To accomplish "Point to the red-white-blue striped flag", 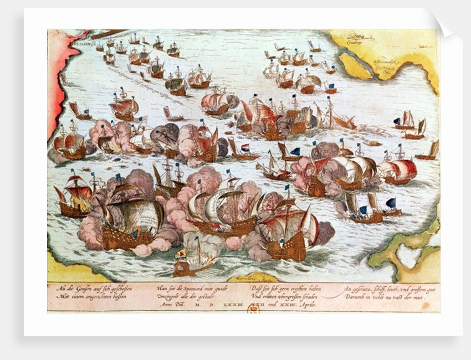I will (x=245, y=147).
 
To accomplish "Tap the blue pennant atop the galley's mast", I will (x=197, y=239).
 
